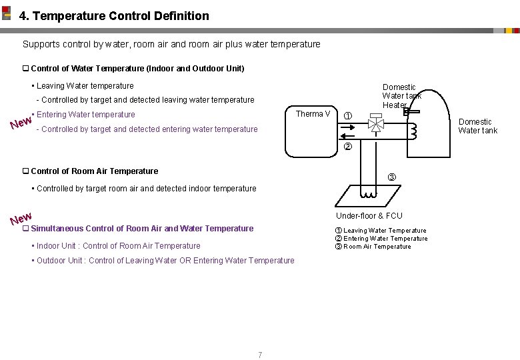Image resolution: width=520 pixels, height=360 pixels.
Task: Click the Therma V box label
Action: click(x=313, y=114)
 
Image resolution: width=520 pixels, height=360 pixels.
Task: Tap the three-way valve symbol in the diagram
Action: click(x=376, y=124)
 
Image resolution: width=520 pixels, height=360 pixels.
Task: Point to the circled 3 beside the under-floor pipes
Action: click(x=392, y=177)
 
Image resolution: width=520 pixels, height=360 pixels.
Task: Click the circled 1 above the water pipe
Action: click(x=347, y=115)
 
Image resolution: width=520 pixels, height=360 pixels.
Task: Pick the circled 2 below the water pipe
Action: click(x=347, y=147)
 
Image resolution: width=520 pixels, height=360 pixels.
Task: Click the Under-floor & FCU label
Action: click(x=369, y=215)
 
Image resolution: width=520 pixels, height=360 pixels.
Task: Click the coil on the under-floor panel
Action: click(x=368, y=195)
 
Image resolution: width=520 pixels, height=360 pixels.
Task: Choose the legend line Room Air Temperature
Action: click(x=377, y=247)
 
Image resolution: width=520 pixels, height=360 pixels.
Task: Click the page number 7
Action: click(x=260, y=355)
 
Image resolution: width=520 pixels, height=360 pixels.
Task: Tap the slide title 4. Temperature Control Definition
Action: click(x=114, y=15)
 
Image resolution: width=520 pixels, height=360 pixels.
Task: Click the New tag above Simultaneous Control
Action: click(x=21, y=218)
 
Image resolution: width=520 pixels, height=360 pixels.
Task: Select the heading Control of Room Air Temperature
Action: click(x=94, y=171)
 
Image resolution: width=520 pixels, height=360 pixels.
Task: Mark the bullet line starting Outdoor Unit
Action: click(x=165, y=261)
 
